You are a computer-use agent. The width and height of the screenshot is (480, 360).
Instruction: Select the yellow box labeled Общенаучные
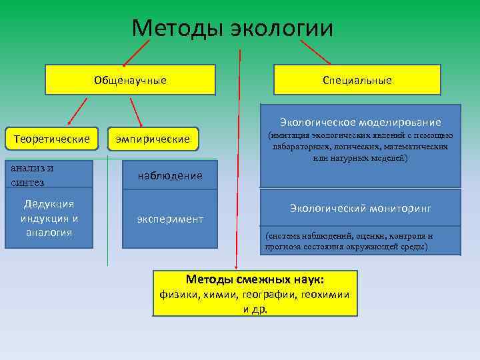coord(130,80)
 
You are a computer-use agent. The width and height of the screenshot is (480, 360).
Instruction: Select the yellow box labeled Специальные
coord(357,80)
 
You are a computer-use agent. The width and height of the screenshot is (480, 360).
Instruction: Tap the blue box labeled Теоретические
coord(51,139)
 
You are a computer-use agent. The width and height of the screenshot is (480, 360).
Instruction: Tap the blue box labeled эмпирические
coord(153,139)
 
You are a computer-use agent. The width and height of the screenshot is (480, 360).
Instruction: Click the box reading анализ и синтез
coord(49,175)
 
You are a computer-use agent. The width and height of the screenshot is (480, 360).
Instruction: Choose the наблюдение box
coord(169,175)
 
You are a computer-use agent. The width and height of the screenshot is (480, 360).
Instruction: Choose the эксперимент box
coord(169,219)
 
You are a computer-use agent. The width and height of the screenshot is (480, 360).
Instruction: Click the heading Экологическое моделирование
coord(360,122)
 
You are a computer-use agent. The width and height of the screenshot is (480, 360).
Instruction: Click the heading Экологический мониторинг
coord(360,209)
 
